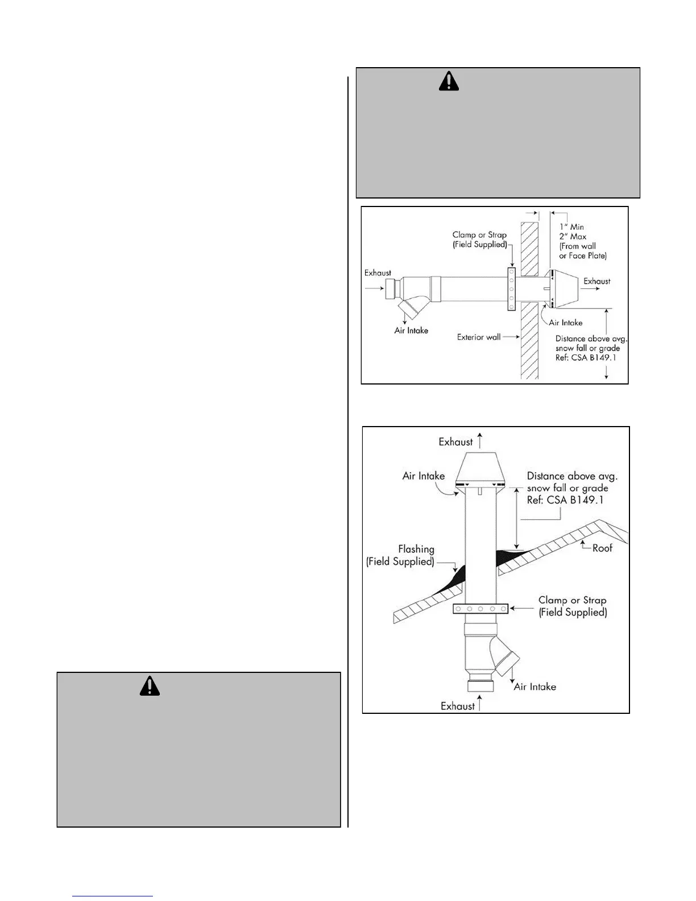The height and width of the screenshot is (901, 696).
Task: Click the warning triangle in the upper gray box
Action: pyautogui.click(x=449, y=82)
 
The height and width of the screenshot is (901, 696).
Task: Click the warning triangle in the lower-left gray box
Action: pyautogui.click(x=150, y=687)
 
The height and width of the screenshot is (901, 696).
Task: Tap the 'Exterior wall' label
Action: pyautogui.click(x=479, y=337)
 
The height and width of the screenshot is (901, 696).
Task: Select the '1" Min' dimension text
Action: pyautogui.click(x=571, y=227)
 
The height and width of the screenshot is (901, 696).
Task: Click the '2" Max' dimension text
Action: pyautogui.click(x=573, y=237)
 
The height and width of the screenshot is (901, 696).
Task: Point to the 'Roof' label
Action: pyautogui.click(x=602, y=548)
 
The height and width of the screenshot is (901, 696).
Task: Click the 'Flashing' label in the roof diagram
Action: pyautogui.click(x=416, y=549)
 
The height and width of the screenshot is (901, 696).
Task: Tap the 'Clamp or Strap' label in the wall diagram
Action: pyautogui.click(x=479, y=235)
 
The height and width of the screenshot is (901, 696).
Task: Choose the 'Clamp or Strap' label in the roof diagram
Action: pyautogui.click(x=573, y=600)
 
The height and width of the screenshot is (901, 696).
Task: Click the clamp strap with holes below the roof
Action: pyautogui.click(x=480, y=609)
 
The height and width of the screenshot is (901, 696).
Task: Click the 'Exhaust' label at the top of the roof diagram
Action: pyautogui.click(x=455, y=442)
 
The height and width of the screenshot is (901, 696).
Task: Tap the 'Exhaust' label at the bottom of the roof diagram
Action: pyautogui.click(x=458, y=706)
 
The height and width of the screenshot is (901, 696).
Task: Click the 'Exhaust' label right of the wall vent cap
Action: pyautogui.click(x=597, y=281)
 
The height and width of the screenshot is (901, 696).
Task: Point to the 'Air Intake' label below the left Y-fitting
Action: pyautogui.click(x=411, y=330)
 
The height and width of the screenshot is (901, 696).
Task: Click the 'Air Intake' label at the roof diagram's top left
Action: pyautogui.click(x=424, y=476)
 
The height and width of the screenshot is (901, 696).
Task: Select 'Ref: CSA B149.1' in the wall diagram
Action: pyautogui.click(x=586, y=358)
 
